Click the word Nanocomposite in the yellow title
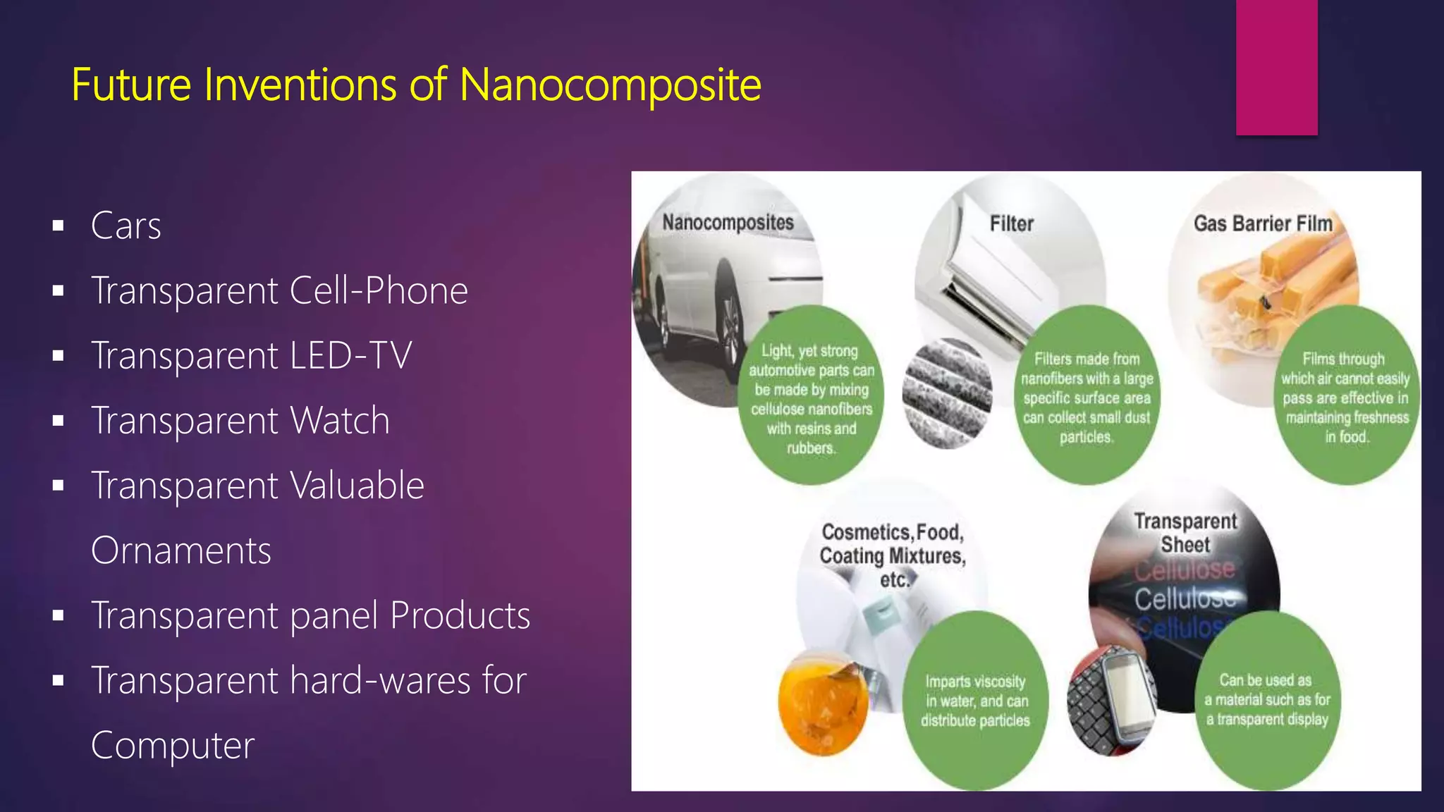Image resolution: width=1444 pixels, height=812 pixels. point(610,85)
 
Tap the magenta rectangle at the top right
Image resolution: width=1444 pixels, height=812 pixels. point(1276,67)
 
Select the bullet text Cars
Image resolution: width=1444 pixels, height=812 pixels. point(126,226)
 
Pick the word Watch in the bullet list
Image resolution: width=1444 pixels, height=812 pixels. point(340,421)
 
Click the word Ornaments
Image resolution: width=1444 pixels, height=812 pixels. point(181,550)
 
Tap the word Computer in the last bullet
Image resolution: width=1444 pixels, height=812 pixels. point(173,746)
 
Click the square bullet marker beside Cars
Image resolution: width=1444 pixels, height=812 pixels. point(59,226)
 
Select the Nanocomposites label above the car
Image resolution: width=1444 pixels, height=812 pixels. point(728,223)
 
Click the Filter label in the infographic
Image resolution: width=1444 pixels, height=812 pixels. point(1011,224)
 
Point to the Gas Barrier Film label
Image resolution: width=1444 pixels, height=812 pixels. point(1263,224)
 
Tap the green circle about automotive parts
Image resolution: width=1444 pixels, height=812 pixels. point(811,397)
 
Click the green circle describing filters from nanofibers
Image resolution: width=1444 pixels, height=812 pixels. point(1087,397)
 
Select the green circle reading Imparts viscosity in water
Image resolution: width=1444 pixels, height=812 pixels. point(975,701)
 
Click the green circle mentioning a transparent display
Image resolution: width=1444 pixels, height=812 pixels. point(1267,700)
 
